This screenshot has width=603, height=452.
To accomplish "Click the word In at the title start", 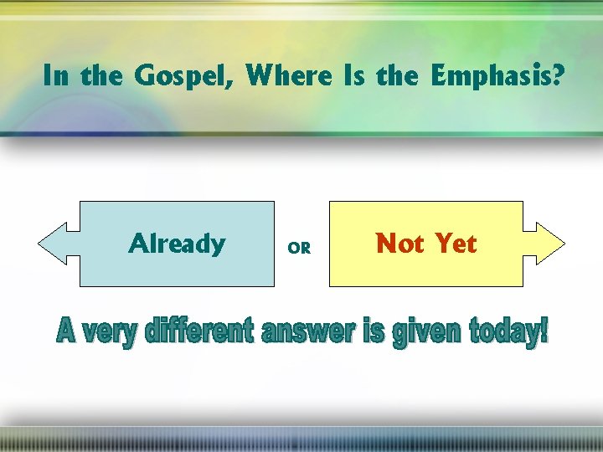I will [x=56, y=76].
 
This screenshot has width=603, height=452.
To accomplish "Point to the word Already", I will [x=177, y=244].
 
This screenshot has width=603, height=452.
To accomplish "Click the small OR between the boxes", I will [x=299, y=248].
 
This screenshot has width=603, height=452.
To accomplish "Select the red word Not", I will [x=401, y=244].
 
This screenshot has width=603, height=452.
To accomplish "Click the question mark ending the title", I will [x=557, y=76].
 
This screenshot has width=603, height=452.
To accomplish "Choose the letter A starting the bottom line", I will [x=66, y=333].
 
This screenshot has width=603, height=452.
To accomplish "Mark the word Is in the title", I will [x=350, y=76].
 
